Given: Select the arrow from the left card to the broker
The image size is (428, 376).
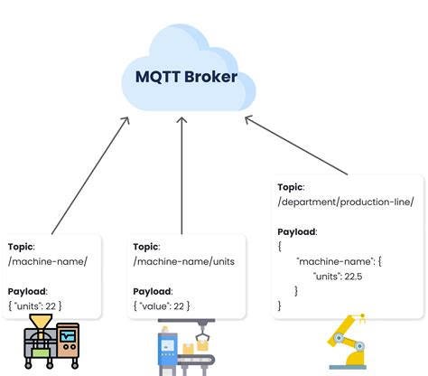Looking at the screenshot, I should tap(91, 175).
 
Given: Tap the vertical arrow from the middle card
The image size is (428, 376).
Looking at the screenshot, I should tap(182, 172).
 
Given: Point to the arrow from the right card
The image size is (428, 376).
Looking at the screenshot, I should tap(298, 145).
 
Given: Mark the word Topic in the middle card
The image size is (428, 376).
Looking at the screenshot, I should tap(147, 246).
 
